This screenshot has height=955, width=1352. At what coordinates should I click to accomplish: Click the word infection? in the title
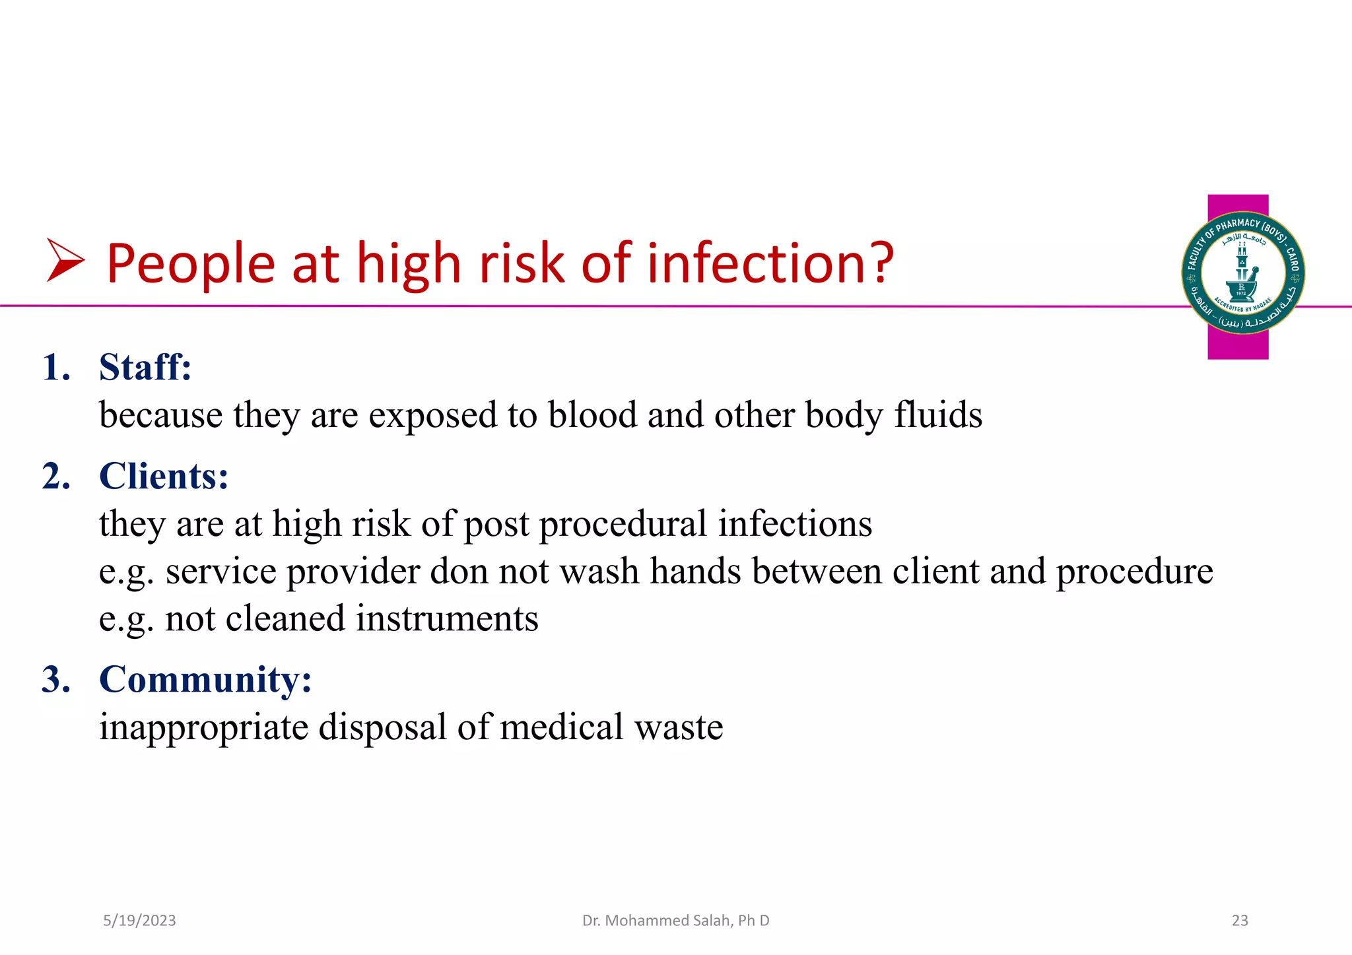[770, 263]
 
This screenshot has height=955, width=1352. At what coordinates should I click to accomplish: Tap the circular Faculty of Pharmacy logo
[1242, 273]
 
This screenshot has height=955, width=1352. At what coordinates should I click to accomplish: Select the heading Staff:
[145, 367]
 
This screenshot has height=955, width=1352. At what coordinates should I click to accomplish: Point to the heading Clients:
[164, 476]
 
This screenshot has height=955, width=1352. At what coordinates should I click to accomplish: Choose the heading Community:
[205, 679]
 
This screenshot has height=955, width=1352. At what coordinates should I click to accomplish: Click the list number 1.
[55, 368]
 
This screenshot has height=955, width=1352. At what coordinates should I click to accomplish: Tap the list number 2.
[56, 477]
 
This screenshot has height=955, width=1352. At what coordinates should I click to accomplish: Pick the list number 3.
[56, 680]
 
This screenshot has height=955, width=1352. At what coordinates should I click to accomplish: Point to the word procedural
[623, 524]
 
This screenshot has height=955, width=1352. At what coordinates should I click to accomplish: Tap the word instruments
[447, 619]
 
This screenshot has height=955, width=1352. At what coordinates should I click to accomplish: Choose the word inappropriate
[203, 728]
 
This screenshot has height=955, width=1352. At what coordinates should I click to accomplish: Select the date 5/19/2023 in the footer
[139, 921]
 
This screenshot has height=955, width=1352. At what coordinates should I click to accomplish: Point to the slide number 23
[1240, 921]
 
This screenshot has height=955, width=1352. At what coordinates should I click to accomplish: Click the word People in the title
[190, 263]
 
